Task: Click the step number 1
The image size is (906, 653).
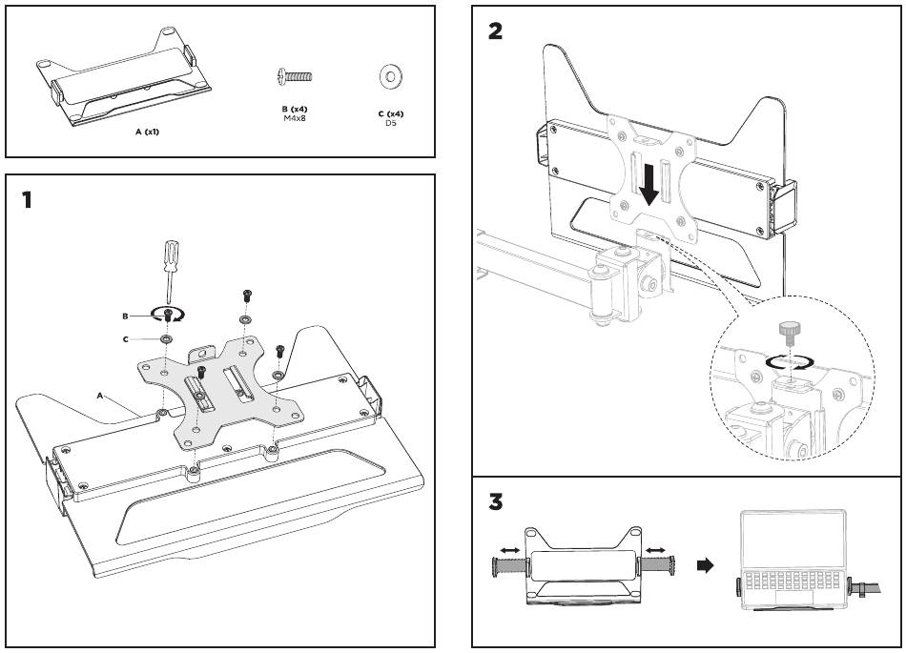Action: click(27, 200)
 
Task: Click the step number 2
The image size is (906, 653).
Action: click(495, 31)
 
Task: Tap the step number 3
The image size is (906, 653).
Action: click(496, 501)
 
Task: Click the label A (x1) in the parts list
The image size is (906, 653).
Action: click(147, 132)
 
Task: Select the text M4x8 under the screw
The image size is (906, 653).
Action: click(295, 118)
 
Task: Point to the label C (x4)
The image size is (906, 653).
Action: click(391, 113)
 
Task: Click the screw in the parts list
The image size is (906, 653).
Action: click(295, 76)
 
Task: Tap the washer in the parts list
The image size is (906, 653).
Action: click(391, 76)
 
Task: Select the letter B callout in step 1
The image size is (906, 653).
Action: click(125, 316)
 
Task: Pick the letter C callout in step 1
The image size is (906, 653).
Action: click(125, 339)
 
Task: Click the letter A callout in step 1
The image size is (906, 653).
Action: click(99, 396)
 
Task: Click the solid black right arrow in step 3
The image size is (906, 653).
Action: click(706, 565)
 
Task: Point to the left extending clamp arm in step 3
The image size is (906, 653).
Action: click(509, 565)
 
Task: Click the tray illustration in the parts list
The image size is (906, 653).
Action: click(124, 75)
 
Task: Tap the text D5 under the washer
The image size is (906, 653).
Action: click(391, 123)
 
